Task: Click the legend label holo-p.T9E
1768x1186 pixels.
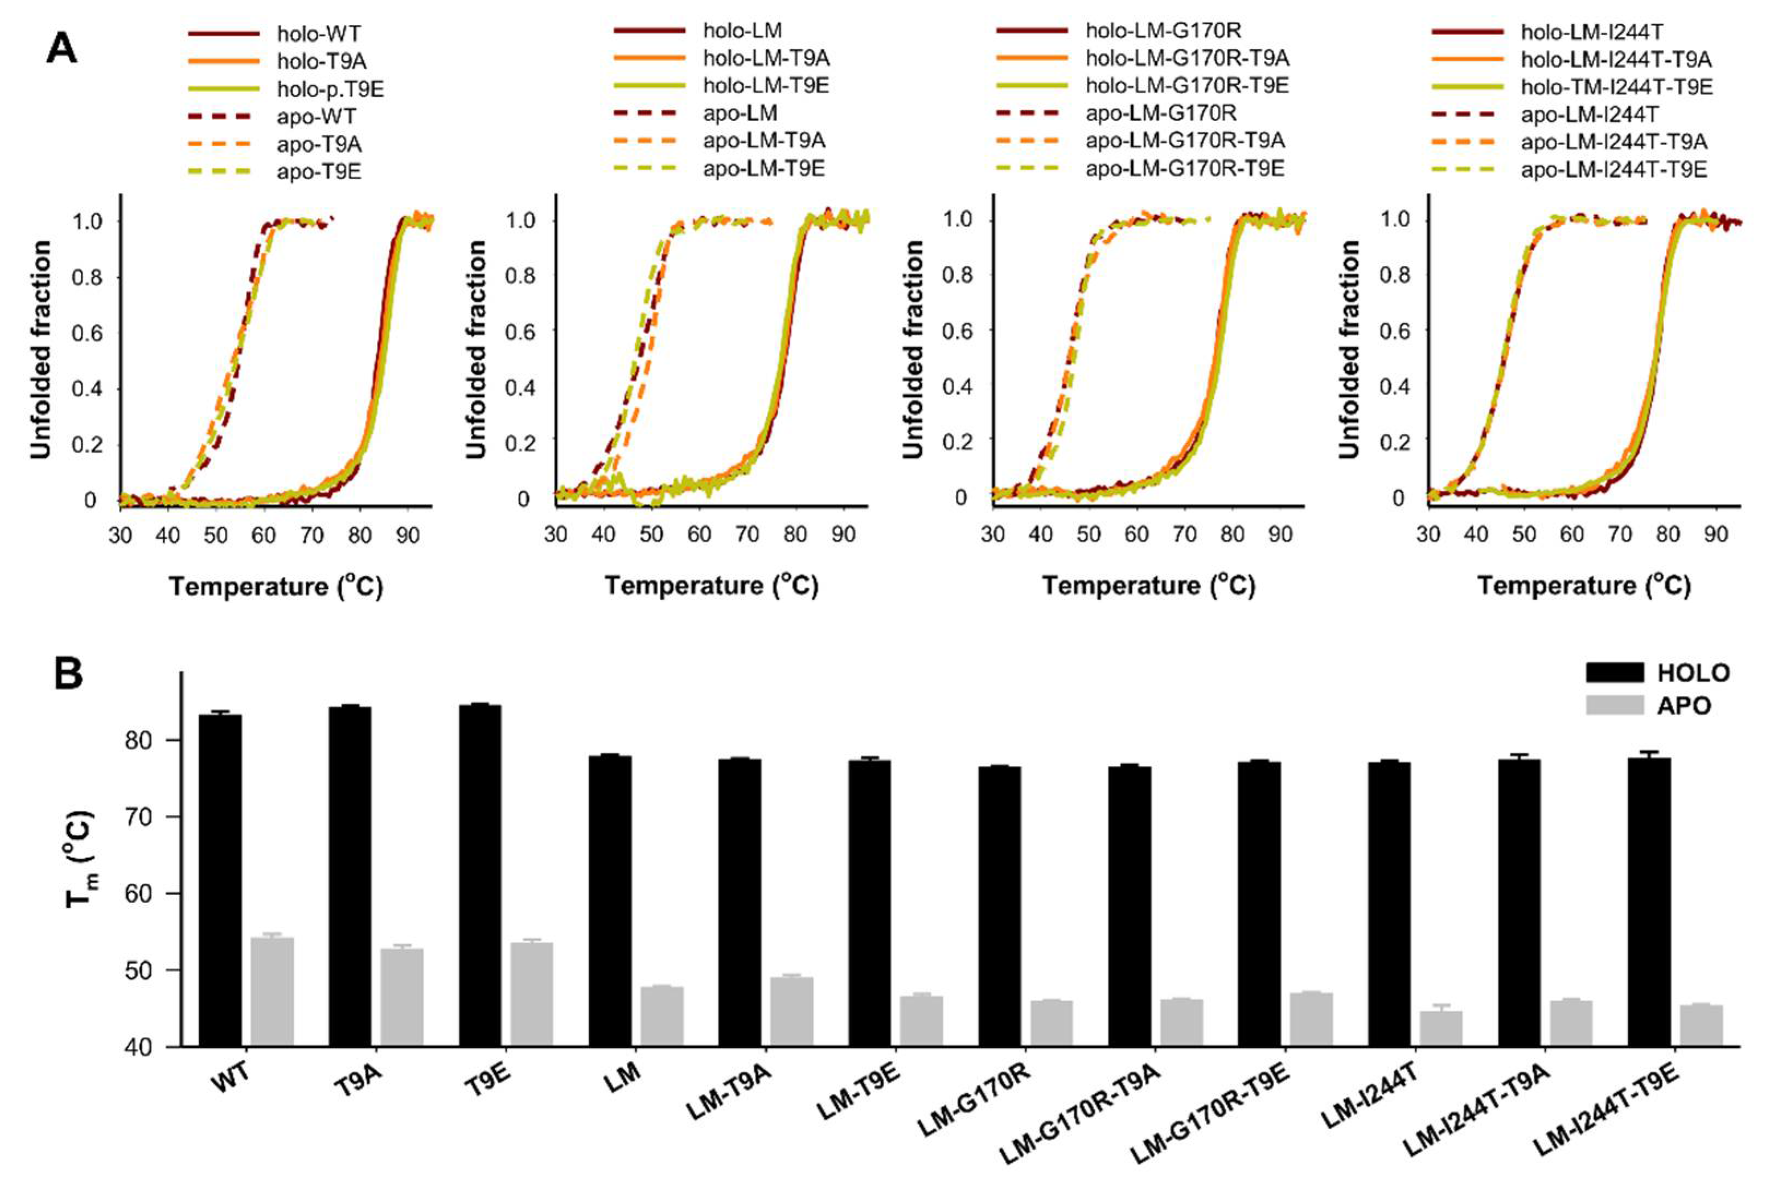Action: tap(330, 90)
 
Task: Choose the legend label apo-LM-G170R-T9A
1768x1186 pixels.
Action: tap(1185, 141)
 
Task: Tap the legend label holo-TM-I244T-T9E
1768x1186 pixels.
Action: tap(1617, 87)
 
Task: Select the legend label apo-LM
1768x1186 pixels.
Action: tap(740, 114)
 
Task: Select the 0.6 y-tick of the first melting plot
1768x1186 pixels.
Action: tap(86, 333)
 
